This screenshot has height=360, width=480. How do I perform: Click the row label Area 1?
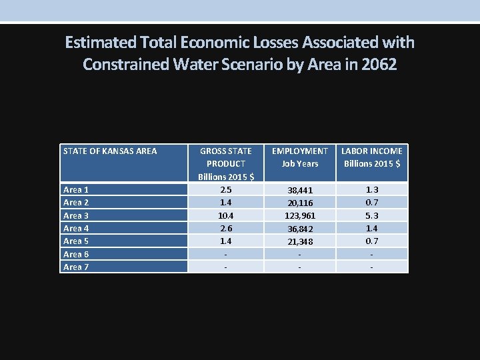(x=76, y=189)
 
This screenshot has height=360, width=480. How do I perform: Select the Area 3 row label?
(x=76, y=215)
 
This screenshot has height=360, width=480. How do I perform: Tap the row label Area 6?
(x=76, y=254)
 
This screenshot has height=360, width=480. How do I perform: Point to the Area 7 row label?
(x=76, y=267)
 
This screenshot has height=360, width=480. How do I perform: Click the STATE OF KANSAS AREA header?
(x=110, y=151)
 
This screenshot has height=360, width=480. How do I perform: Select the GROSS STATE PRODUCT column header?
(x=226, y=163)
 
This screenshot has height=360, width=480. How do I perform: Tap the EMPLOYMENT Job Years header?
(x=300, y=157)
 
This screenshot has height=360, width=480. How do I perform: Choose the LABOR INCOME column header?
(x=371, y=157)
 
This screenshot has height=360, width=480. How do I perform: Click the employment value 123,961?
(x=300, y=215)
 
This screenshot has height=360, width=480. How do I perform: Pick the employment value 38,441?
(x=300, y=190)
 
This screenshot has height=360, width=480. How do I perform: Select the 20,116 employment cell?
(x=300, y=203)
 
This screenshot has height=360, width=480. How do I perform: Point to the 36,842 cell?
(x=300, y=228)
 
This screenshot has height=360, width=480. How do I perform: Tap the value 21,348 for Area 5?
(x=300, y=241)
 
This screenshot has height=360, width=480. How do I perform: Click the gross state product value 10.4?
(x=226, y=215)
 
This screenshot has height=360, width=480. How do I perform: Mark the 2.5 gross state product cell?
(x=226, y=189)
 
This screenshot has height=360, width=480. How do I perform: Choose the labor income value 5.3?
(x=371, y=215)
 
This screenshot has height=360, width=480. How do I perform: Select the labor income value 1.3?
(x=371, y=189)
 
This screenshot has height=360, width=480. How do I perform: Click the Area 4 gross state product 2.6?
(x=226, y=228)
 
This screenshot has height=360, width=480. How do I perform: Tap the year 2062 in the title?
(x=378, y=65)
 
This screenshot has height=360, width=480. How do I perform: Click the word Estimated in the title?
(x=101, y=43)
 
